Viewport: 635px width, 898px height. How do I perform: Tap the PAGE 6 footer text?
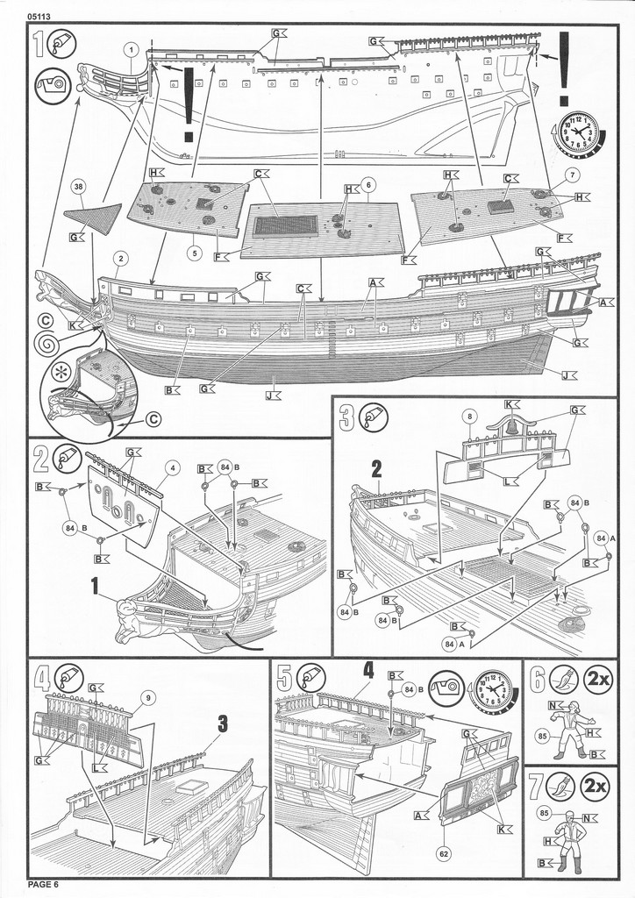(x=42, y=883)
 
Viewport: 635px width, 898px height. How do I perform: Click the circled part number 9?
(x=149, y=697)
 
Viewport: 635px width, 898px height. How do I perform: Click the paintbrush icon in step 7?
(x=563, y=786)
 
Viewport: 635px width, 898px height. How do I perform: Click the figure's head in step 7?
(x=570, y=816)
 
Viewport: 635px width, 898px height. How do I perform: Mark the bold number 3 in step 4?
(x=223, y=723)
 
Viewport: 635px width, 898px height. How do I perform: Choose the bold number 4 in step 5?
(x=369, y=671)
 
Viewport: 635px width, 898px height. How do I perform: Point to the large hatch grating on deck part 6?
(x=285, y=225)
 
